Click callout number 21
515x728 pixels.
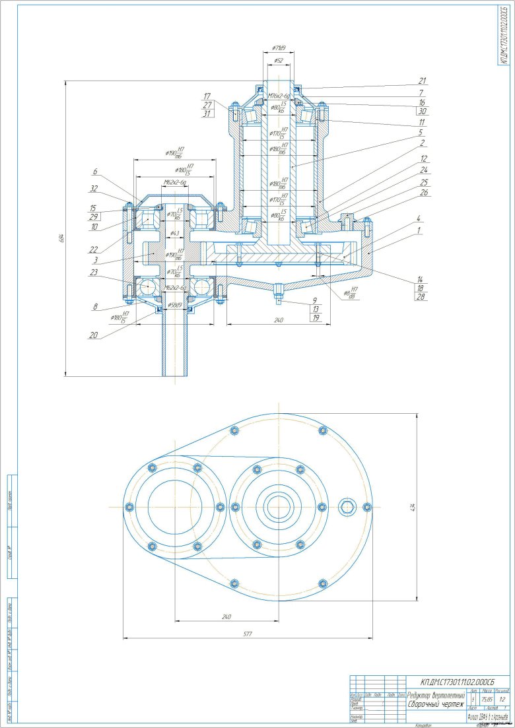[x=423, y=81]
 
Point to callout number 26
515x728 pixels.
[x=423, y=193]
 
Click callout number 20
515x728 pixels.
[x=96, y=335]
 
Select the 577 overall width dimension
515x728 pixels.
[x=248, y=634]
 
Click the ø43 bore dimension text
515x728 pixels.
[x=174, y=233]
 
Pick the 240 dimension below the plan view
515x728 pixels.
[x=226, y=616]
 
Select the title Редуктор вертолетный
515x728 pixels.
[x=436, y=695]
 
